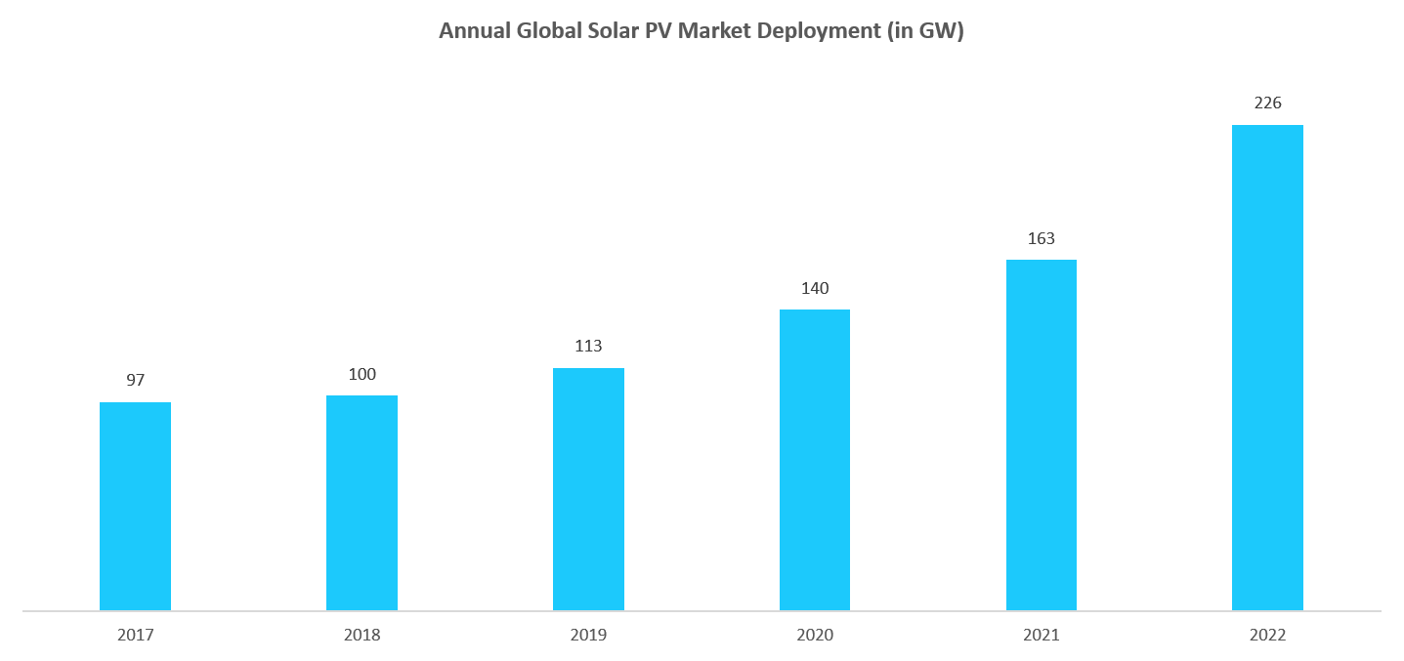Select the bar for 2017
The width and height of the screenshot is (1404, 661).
click(135, 506)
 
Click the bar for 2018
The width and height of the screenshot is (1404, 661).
click(362, 503)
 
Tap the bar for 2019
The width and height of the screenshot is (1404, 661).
click(588, 489)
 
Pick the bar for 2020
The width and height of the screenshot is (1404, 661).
click(815, 460)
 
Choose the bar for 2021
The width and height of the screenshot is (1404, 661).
click(1042, 435)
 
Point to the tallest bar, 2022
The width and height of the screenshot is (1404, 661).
click(1267, 368)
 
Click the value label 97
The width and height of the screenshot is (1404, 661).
click(135, 380)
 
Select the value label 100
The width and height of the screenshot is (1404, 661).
click(362, 374)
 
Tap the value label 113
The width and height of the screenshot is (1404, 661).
click(588, 346)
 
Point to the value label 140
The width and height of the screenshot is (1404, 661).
click(815, 288)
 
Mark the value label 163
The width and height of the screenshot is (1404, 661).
click(1042, 238)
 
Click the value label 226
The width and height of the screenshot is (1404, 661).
click(1267, 103)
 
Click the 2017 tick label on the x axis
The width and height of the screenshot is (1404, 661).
click(135, 635)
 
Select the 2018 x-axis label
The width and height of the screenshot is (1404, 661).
click(362, 635)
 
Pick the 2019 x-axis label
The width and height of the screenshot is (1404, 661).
click(588, 635)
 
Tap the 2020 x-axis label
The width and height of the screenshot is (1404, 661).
click(815, 635)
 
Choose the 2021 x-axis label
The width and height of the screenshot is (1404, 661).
click(1042, 635)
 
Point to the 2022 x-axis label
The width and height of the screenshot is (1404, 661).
click(1267, 635)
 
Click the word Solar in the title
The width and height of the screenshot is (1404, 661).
click(616, 31)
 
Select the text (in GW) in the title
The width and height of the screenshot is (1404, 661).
click(925, 31)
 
